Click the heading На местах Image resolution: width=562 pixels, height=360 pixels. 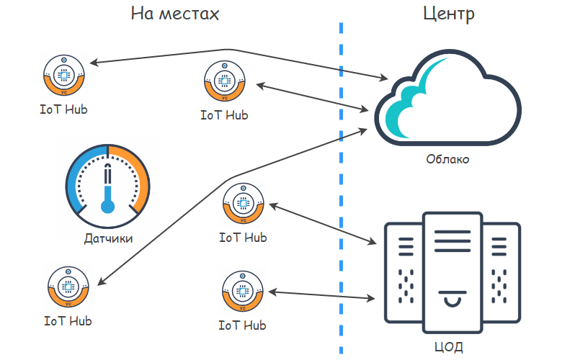click(x=175, y=14)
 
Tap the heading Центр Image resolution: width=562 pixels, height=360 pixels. click(x=449, y=14)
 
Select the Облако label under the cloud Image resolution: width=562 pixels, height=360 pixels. click(x=447, y=158)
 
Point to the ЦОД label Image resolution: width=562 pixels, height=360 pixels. click(x=448, y=347)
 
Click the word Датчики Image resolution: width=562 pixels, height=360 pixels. click(x=108, y=238)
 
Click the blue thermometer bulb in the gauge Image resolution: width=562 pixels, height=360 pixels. click(x=107, y=207)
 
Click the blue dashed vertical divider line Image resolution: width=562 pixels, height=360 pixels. click(x=341, y=188)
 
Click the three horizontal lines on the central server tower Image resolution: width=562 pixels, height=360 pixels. click(x=452, y=241)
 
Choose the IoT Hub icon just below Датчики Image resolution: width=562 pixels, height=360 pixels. click(x=68, y=287)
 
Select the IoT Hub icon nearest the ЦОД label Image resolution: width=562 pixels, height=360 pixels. click(x=243, y=291)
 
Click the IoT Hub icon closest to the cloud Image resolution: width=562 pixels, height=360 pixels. click(x=225, y=81)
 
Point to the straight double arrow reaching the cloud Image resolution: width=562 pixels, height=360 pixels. click(x=312, y=97)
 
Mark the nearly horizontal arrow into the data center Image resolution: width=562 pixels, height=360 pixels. click(x=321, y=295)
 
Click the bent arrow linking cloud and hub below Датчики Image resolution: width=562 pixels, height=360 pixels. click(x=229, y=178)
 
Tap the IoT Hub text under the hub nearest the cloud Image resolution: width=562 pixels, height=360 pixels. click(x=224, y=115)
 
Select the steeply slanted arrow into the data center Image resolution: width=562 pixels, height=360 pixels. click(x=323, y=224)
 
